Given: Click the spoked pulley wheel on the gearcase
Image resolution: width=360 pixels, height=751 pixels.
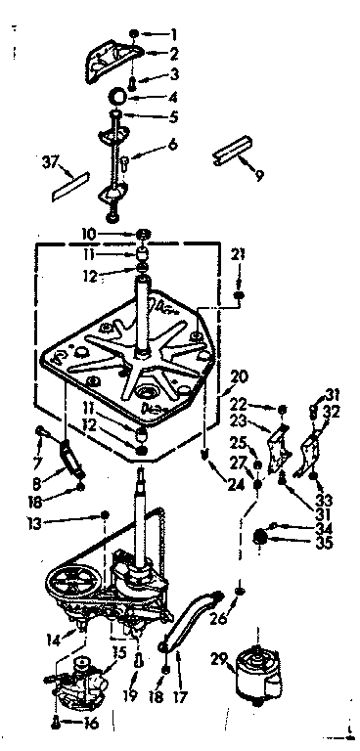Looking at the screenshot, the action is coord(73,584).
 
